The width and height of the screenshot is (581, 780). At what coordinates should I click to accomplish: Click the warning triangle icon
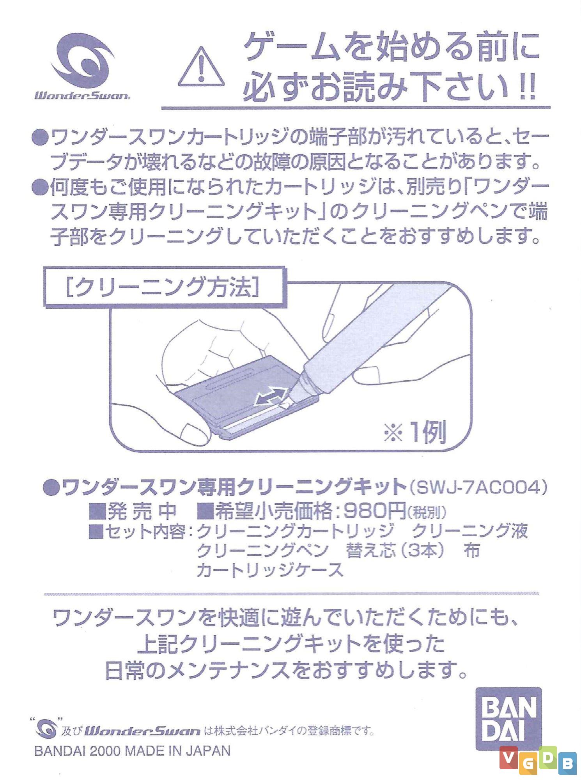pyautogui.click(x=201, y=67)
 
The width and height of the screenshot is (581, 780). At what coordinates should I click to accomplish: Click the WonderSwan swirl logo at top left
pyautogui.click(x=83, y=60)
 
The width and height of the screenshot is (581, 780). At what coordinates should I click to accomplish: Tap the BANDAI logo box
pyautogui.click(x=508, y=718)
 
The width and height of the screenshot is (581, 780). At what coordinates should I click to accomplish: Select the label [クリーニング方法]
pyautogui.click(x=163, y=288)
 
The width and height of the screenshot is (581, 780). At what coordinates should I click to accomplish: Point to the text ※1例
pyautogui.click(x=415, y=432)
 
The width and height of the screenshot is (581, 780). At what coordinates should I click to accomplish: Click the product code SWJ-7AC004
pyautogui.click(x=479, y=487)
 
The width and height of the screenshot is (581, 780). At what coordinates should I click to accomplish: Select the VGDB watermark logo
pyautogui.click(x=537, y=760)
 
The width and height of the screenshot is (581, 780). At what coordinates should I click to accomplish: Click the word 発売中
pyautogui.click(x=141, y=511)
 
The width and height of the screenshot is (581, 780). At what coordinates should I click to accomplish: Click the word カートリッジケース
pyautogui.click(x=270, y=570)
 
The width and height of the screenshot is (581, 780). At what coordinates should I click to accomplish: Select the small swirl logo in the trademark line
pyautogui.click(x=46, y=728)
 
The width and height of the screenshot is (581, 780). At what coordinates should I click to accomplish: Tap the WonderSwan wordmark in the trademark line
pyautogui.click(x=142, y=731)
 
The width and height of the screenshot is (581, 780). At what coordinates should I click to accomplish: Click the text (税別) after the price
pyautogui.click(x=427, y=512)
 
